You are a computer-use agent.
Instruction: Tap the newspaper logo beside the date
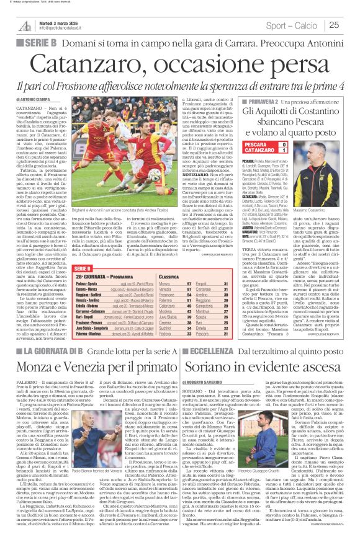point(25,25)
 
